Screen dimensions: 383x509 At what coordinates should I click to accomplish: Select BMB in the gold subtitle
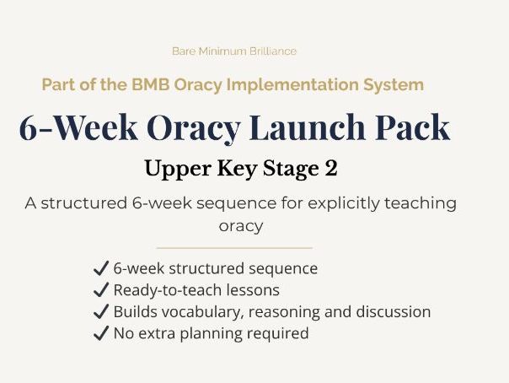point(144,85)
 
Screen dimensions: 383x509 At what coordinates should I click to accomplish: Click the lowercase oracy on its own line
point(241,226)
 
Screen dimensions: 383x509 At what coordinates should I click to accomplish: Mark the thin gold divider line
point(234,248)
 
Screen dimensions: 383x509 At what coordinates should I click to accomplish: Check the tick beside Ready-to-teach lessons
point(100,290)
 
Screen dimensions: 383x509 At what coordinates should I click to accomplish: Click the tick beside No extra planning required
point(100,333)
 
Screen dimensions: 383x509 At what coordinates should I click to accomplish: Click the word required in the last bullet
point(278,333)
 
